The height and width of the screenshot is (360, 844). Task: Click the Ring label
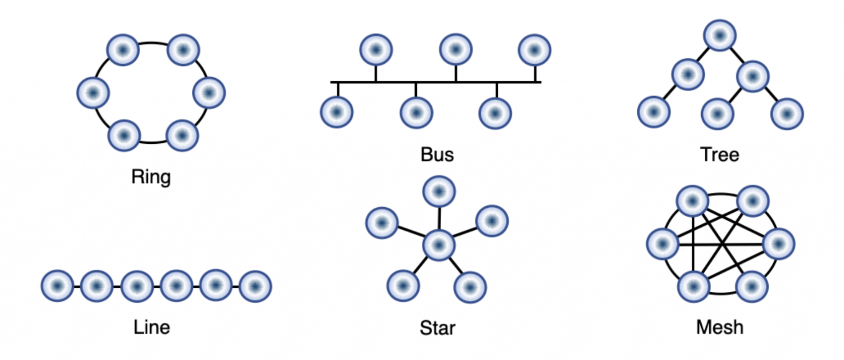pos(152,178)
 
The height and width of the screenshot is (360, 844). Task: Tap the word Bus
pos(437,154)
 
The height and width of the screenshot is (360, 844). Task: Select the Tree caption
pos(719,154)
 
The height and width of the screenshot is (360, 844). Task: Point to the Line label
pos(152,327)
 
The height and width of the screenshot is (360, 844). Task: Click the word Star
pos(437,328)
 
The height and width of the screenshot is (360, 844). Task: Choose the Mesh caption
pos(720,327)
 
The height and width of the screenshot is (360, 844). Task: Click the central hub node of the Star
pos(438,246)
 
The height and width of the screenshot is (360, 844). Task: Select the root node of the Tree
pos(720,36)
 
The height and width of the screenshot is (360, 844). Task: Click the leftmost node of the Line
pos(57,286)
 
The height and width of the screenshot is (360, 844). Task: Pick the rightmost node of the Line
pos(256,286)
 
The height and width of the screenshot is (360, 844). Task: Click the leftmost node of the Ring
pos(93,93)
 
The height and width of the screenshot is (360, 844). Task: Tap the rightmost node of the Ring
pos(209,93)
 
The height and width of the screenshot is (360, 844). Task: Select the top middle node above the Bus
pos(456,49)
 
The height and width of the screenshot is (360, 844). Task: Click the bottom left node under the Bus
pos(336,112)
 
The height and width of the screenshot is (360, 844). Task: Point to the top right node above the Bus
pos(534,50)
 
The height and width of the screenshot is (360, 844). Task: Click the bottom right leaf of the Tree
pos(787,114)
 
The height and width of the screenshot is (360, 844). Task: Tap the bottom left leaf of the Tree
pos(653,112)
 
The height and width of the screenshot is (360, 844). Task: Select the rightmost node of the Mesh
pos(778,245)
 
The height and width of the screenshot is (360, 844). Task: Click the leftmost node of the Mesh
pos(663,245)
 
